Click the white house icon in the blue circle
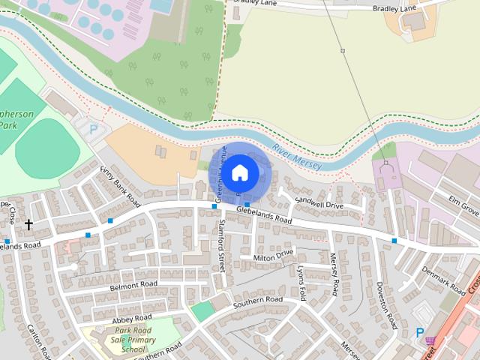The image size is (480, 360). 239,172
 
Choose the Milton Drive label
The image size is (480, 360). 274,256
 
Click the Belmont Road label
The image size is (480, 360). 133,285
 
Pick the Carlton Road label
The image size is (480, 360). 38,342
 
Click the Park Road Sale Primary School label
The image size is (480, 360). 123,340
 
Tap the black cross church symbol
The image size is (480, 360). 29,224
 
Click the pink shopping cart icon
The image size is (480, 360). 430,342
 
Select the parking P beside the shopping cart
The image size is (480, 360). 419,333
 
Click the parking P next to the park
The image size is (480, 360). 94,129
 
